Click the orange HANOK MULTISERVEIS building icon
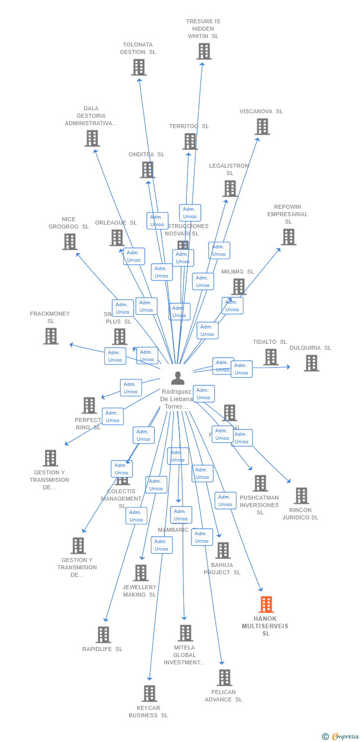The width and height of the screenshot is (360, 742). (266, 604)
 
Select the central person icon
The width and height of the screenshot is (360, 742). (178, 378)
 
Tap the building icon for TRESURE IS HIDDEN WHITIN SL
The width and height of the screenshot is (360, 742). (204, 51)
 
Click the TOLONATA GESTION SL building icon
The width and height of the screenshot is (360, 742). (139, 67)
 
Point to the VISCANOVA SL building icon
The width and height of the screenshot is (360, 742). (262, 127)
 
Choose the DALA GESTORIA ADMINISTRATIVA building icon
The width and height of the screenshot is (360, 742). (92, 139)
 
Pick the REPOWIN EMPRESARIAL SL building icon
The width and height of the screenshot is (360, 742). (288, 237)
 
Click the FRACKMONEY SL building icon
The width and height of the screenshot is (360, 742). (51, 336)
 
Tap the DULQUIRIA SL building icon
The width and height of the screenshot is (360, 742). (311, 363)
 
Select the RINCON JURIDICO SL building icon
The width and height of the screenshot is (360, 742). (301, 496)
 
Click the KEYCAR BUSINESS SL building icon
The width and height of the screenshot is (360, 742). (149, 694)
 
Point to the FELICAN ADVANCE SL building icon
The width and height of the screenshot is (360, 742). (225, 678)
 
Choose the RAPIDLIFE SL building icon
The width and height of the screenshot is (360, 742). (103, 635)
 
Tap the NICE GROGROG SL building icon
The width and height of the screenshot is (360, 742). (70, 242)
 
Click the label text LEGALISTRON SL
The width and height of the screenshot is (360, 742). (229, 170)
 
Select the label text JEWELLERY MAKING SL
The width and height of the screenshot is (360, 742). (139, 591)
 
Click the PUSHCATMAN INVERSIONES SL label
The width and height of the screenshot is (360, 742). (260, 505)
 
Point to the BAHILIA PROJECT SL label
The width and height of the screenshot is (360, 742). (222, 568)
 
